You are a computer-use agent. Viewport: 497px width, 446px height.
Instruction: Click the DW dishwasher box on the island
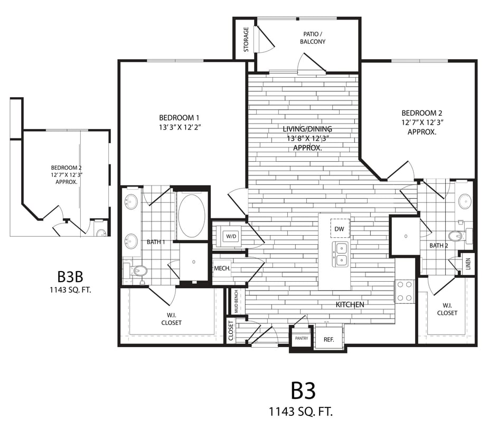tap(340, 228)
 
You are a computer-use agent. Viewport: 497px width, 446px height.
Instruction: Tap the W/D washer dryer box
tap(230, 236)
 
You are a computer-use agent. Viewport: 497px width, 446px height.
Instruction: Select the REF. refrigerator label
tap(329, 339)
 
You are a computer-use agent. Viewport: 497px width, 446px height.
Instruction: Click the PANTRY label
tap(302, 338)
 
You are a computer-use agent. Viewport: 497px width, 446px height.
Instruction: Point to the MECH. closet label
tap(222, 268)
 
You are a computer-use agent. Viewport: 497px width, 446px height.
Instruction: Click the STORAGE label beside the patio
tap(246, 40)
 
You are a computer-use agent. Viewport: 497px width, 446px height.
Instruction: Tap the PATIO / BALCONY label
tap(313, 38)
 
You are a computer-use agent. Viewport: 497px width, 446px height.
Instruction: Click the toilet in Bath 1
tap(138, 271)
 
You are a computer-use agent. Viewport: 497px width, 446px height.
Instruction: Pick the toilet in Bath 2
tap(455, 236)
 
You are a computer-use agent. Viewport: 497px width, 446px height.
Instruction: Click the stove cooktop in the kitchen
tap(405, 291)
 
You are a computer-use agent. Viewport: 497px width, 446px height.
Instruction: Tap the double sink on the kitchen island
tap(340, 254)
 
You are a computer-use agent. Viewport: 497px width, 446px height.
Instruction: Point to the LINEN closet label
tap(468, 264)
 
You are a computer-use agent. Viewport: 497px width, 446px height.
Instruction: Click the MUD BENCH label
tap(236, 301)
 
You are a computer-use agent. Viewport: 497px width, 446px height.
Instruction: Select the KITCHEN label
tap(350, 305)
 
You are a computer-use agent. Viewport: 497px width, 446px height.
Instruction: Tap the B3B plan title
tap(71, 276)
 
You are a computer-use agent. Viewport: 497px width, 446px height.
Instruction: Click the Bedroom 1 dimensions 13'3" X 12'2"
tap(180, 127)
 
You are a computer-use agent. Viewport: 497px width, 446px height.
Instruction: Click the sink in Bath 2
tap(465, 201)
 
